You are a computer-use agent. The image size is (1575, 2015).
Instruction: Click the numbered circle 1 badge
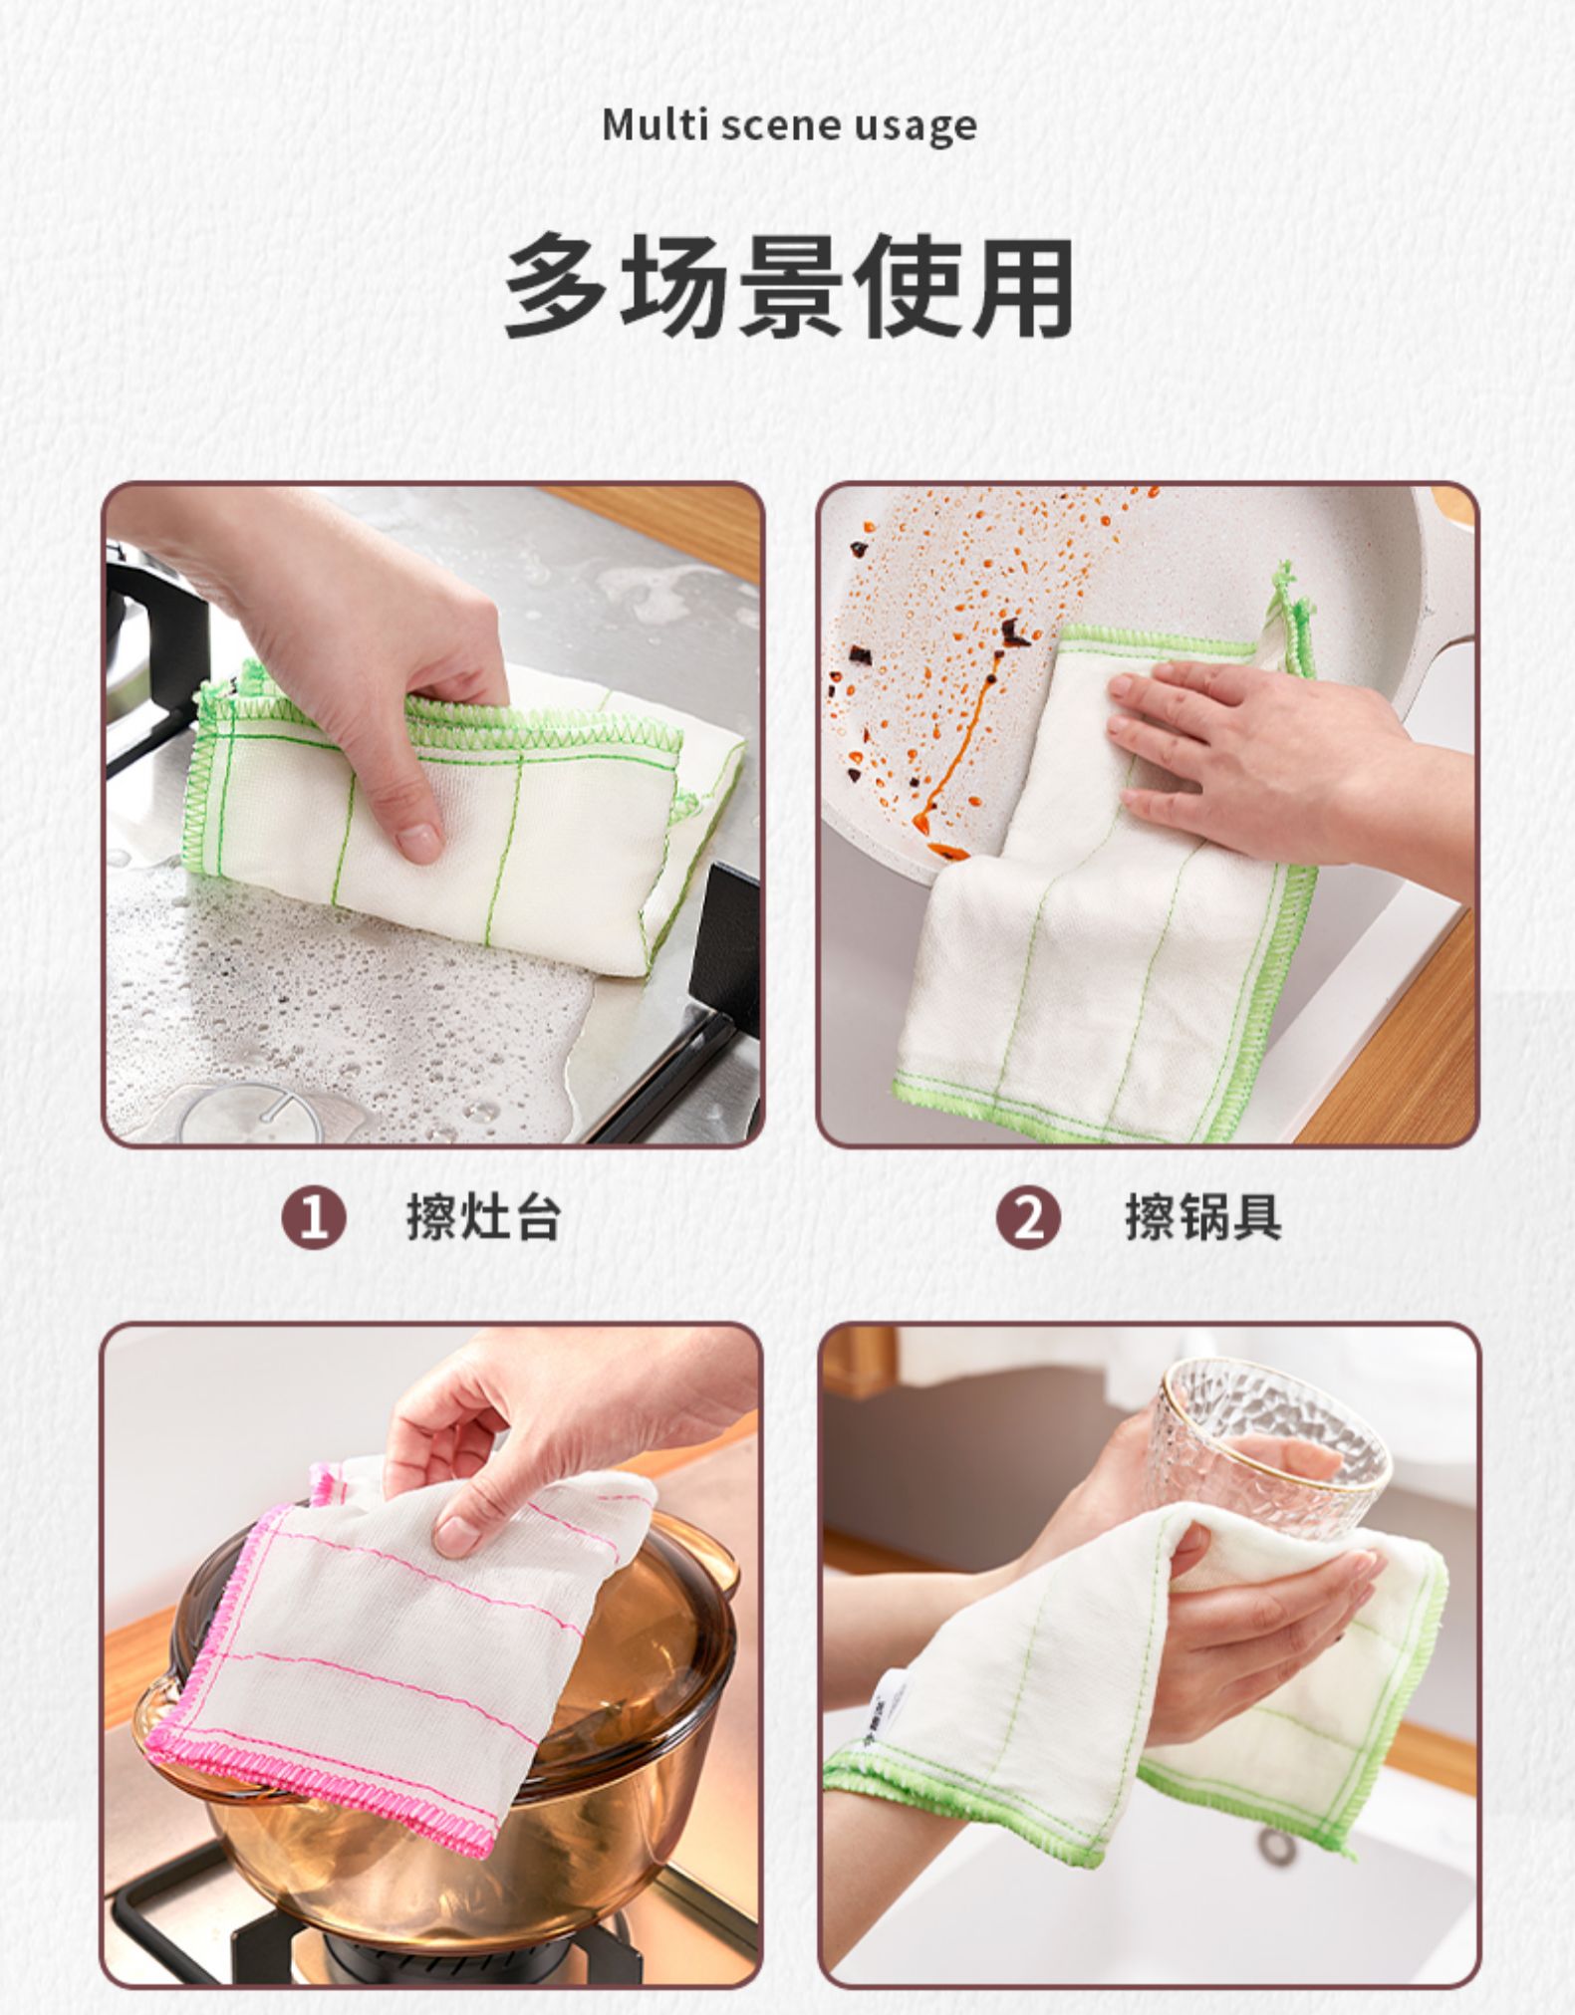coord(314,1218)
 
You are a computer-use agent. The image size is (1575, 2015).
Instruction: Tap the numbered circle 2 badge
coord(1029,1218)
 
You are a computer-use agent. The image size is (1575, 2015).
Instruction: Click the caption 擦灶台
coord(483,1217)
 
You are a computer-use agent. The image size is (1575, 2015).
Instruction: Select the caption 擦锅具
coord(1203,1217)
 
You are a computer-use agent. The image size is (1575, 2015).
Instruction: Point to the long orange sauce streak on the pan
coord(951,757)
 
